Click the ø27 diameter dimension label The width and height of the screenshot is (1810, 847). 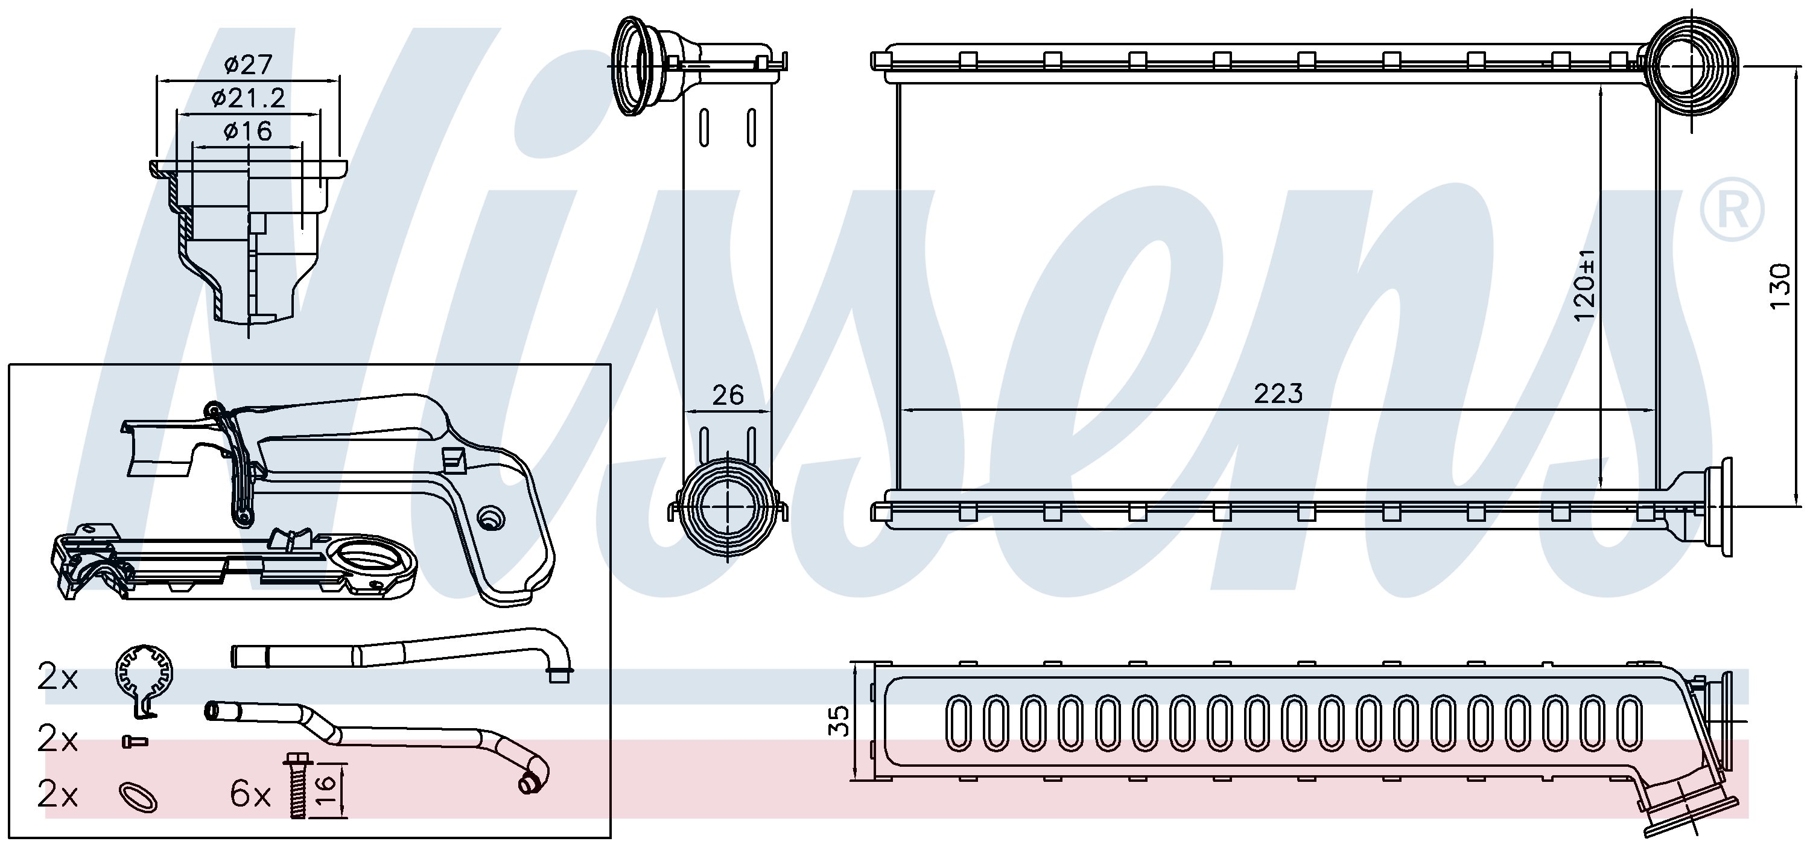tap(248, 65)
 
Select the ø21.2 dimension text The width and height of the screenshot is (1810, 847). tap(248, 98)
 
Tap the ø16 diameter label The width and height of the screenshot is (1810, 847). tap(248, 132)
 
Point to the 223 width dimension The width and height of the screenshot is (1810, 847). tap(1278, 393)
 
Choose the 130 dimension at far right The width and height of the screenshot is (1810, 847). tap(1780, 286)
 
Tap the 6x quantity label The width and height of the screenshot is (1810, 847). tap(250, 795)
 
